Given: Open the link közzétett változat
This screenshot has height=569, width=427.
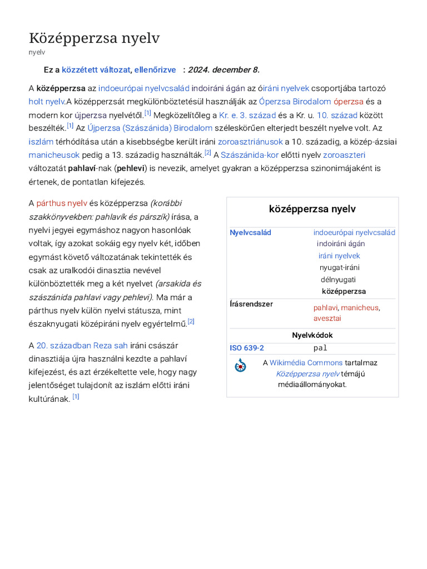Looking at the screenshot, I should tap(96, 69).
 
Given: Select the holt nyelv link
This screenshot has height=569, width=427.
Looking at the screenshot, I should tap(47, 101).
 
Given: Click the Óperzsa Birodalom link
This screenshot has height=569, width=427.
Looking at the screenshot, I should tap(295, 101).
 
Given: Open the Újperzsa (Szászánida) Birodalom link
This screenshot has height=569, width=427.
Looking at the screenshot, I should tap(150, 128).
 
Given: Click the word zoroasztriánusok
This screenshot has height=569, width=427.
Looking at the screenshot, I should tap(250, 141).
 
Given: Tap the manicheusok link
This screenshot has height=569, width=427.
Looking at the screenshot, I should tap(54, 154).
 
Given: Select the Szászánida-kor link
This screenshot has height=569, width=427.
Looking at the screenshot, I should tap(250, 154).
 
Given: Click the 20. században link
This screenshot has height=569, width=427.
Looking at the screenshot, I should tap(63, 345).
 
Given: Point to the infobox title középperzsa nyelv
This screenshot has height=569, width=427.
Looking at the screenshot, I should tap(312, 209).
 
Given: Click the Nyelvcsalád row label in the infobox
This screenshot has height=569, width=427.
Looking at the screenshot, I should tap(250, 232).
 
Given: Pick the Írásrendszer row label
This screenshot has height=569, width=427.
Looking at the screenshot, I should tap(251, 304).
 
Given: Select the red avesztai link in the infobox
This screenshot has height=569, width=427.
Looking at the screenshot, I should tap(327, 318).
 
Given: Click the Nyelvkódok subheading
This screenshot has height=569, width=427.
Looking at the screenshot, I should tap(312, 335).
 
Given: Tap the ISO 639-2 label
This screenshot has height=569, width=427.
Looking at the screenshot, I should tap(247, 348).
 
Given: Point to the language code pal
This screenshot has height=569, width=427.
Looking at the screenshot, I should tap(320, 348).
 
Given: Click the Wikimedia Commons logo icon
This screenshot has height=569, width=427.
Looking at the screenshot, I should tap(240, 365).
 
